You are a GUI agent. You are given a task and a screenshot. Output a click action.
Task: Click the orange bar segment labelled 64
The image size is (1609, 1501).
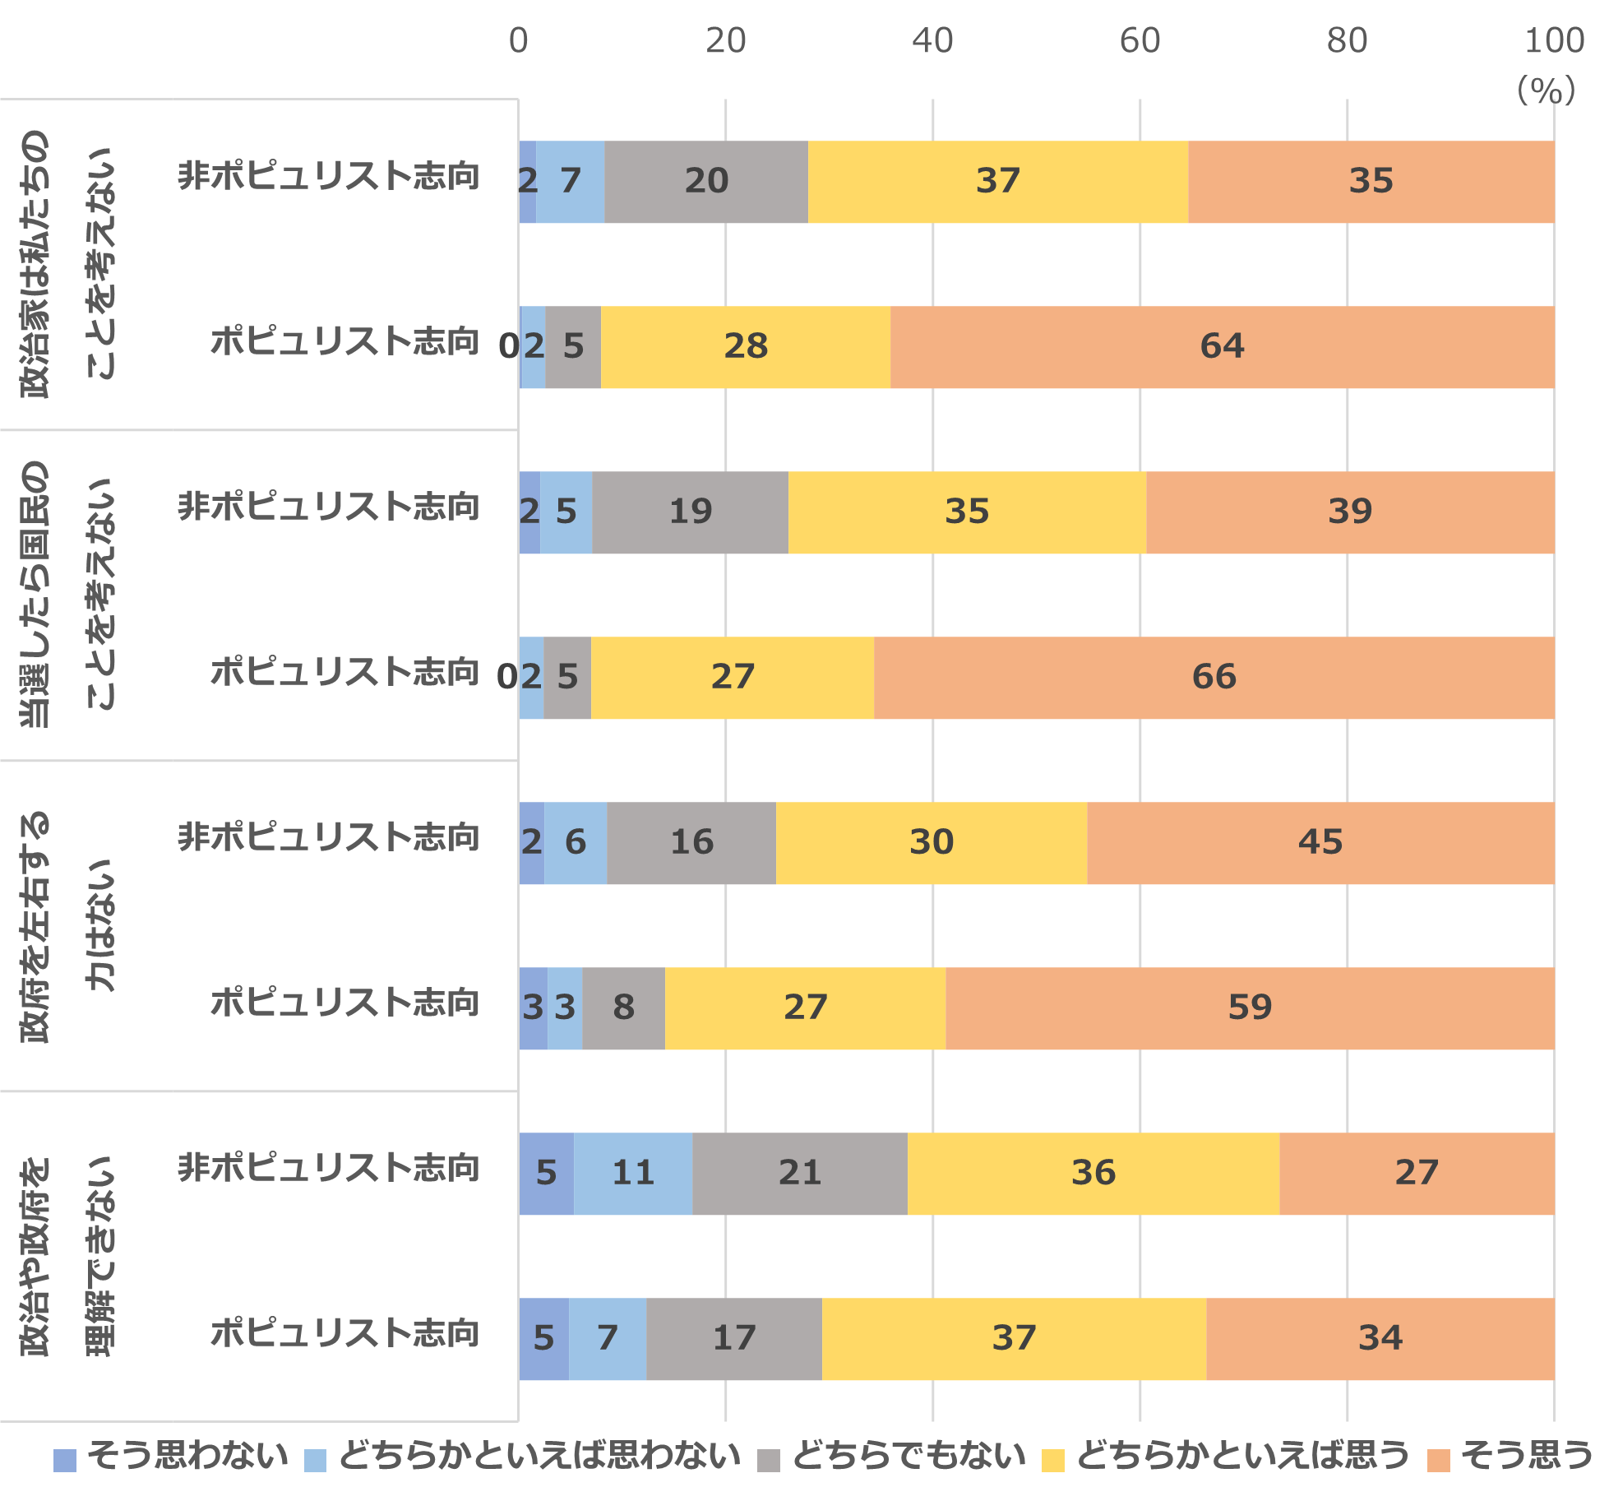click(x=1222, y=346)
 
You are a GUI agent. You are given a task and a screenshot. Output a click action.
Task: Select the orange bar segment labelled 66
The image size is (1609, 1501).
click(x=1214, y=677)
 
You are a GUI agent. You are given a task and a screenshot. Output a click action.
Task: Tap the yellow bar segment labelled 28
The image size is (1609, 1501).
click(x=745, y=346)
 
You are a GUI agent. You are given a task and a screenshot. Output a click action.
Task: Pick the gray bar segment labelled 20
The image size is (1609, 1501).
click(x=706, y=181)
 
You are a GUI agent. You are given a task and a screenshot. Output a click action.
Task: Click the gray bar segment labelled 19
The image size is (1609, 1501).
click(x=690, y=512)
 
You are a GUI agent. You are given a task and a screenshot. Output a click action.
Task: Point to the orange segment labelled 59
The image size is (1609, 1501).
click(x=1250, y=1008)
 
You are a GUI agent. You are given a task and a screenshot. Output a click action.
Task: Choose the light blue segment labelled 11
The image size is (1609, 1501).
click(x=633, y=1173)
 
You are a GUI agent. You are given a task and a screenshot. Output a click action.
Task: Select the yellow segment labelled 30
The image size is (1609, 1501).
click(x=931, y=842)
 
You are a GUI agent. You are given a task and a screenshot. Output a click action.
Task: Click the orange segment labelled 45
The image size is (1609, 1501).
click(x=1320, y=842)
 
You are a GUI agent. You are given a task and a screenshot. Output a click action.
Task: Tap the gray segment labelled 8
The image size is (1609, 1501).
click(x=623, y=1008)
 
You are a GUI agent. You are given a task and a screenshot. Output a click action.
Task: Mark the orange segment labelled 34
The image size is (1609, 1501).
click(x=1380, y=1338)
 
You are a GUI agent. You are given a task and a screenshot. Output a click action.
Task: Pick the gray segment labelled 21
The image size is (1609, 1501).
click(x=799, y=1173)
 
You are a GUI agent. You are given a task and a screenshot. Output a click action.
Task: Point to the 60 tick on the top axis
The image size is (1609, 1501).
click(x=1140, y=40)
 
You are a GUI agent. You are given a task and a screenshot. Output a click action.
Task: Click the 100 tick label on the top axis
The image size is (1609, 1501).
click(x=1553, y=40)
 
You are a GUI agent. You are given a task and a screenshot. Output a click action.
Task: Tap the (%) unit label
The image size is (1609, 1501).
click(x=1546, y=90)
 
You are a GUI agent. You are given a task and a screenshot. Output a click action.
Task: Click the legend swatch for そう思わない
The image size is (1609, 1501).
click(x=64, y=1460)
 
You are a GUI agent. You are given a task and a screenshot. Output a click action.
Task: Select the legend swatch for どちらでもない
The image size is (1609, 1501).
click(x=768, y=1460)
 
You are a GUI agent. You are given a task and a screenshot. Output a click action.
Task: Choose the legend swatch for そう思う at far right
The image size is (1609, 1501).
click(x=1438, y=1460)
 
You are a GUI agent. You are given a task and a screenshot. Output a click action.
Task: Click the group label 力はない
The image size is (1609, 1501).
click(x=102, y=925)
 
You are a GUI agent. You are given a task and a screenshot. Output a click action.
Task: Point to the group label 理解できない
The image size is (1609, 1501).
click(x=102, y=1256)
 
